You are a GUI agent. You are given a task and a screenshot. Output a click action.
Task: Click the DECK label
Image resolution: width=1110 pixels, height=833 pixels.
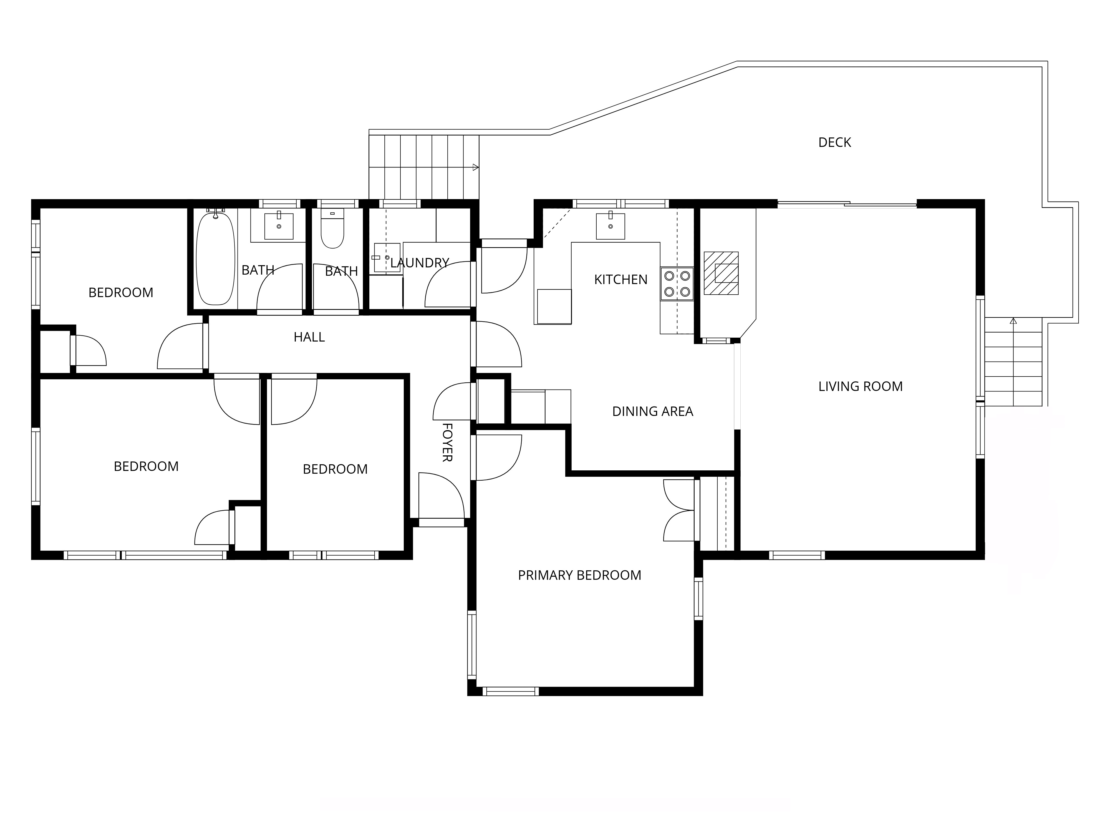tap(834, 143)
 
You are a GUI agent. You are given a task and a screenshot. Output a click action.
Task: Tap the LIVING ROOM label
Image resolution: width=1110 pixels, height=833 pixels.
tap(861, 387)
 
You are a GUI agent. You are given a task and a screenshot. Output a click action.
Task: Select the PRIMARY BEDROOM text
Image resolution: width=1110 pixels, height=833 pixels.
tap(580, 575)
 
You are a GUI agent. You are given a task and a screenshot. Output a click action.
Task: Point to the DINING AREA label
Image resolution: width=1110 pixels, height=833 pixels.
tap(653, 412)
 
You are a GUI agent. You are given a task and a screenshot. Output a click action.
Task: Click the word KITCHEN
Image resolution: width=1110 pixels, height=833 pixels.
tap(621, 280)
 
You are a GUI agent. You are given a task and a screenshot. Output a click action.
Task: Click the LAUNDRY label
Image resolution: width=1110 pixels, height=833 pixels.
tap(420, 263)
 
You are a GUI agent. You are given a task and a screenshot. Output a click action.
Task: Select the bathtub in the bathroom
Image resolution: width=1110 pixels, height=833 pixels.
tap(215, 259)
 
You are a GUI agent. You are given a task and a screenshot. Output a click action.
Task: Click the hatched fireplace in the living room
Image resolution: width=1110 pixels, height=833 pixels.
tap(721, 273)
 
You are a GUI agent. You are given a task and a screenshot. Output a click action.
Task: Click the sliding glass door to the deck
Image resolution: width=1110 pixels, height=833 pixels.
tap(847, 204)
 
